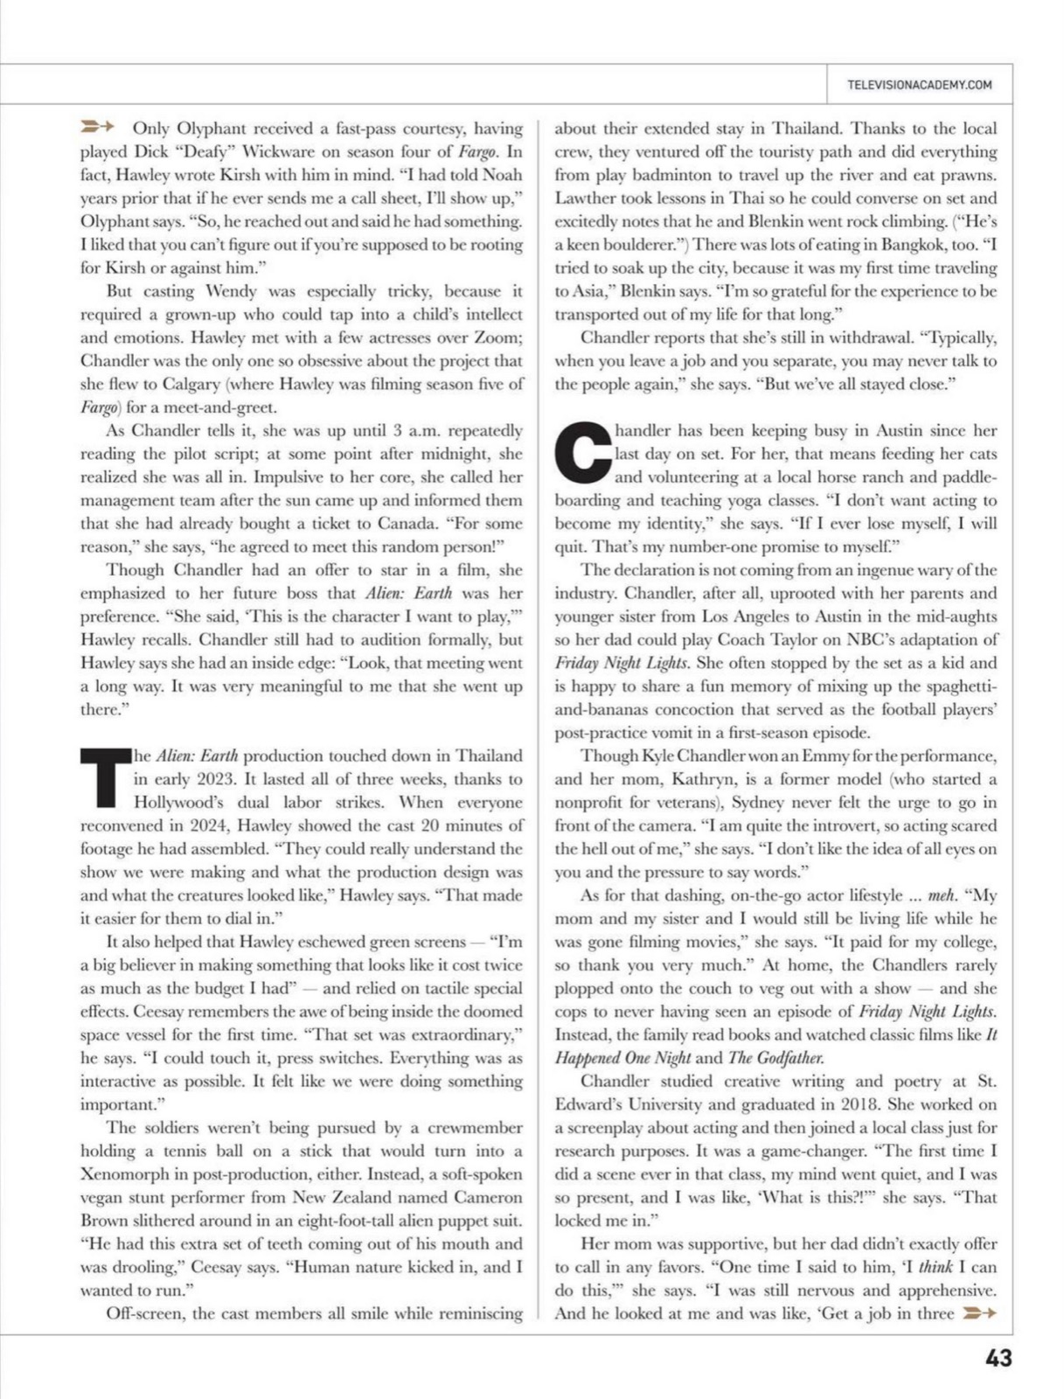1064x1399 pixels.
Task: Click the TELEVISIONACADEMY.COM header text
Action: pos(919,85)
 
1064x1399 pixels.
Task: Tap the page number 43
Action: pos(998,1358)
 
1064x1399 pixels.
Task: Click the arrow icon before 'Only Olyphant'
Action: pos(97,128)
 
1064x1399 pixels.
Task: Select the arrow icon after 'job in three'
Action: pos(978,1313)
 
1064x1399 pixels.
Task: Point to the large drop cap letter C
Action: pos(582,453)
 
